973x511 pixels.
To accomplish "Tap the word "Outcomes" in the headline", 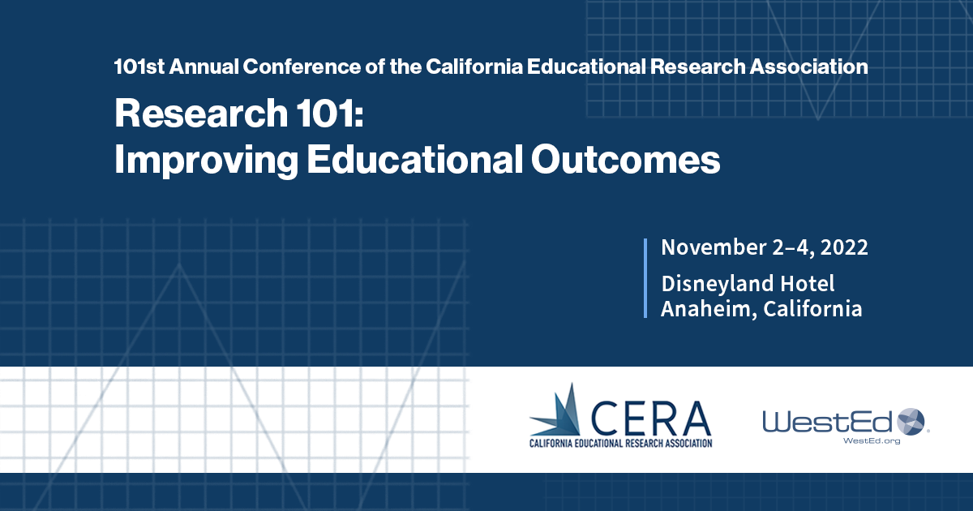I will [626, 160].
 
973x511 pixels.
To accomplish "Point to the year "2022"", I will [842, 247].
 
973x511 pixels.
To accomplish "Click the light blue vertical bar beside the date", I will [645, 278].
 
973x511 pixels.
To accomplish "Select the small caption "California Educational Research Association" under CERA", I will [620, 443].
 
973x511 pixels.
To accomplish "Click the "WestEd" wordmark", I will [826, 422].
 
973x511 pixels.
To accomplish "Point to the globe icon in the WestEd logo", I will [911, 421].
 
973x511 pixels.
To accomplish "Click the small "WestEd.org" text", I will [872, 440].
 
